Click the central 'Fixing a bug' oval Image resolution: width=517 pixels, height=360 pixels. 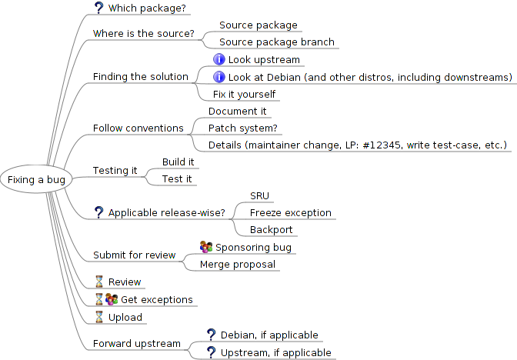36,179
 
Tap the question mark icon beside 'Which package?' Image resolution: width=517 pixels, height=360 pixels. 98,8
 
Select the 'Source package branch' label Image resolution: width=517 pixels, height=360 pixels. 277,42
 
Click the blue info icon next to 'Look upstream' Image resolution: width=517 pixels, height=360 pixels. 219,59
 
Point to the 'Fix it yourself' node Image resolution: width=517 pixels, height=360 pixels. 244,95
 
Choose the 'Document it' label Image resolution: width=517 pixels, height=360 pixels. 238,112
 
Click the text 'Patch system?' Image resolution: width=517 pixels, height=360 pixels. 243,128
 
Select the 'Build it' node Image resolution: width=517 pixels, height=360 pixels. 178,162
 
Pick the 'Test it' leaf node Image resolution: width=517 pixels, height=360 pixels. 177,179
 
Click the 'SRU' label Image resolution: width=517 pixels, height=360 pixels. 259,196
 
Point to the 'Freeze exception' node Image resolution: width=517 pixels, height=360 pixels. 291,213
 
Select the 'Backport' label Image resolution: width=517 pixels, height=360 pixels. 271,230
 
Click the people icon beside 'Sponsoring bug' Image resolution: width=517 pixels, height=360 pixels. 206,247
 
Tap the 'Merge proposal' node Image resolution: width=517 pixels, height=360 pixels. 238,265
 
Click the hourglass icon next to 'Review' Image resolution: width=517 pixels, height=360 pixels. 99,282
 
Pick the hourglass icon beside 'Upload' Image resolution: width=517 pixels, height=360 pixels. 99,317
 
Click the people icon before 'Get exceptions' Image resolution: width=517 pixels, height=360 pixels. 112,299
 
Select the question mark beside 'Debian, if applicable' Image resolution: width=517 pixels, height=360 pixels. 211,335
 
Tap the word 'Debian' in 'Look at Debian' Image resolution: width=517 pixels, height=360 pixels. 284,78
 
